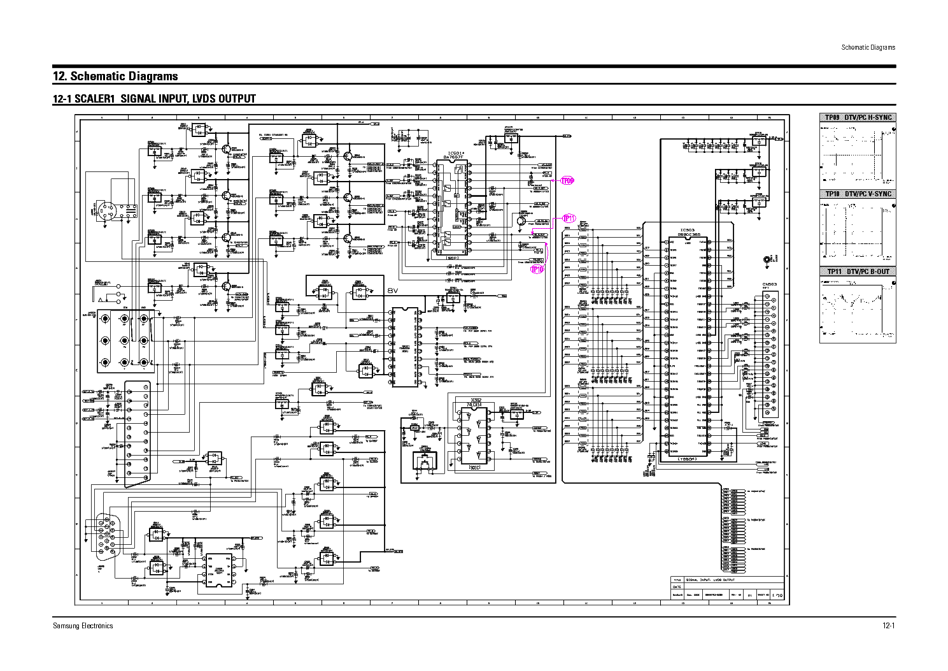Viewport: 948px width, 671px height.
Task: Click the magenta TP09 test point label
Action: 567,181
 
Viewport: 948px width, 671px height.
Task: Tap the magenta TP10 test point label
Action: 537,270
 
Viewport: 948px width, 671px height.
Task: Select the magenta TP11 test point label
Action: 569,218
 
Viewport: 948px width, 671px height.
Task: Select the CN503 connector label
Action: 770,285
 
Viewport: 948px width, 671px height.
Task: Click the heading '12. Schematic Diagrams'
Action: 115,76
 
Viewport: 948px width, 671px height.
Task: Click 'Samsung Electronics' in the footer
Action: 83,626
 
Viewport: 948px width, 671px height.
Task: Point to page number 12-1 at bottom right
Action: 889,626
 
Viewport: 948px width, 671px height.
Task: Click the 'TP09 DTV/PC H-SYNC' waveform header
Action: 858,118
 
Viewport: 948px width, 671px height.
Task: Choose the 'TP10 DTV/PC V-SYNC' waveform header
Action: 858,194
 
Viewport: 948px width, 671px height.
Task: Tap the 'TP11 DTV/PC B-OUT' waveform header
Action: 858,272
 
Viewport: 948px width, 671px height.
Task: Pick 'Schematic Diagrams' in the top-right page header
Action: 868,47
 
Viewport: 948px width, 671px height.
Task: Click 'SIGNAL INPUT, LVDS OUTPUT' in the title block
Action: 711,580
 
